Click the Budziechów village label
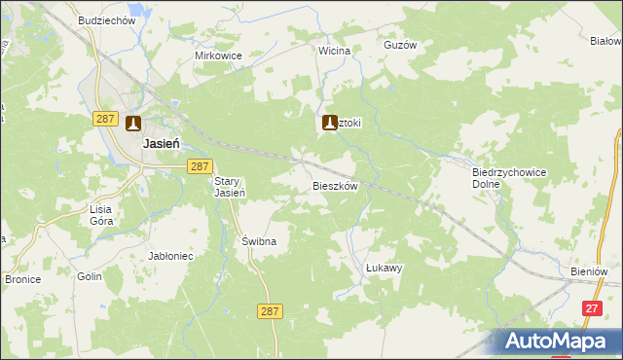point(107,21)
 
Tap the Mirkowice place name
point(218,55)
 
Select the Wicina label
point(334,50)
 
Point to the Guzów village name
point(400,45)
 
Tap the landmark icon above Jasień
point(133,124)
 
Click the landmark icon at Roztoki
point(330,123)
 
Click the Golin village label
point(90,276)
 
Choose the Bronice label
point(21,278)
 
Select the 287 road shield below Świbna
point(271,311)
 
